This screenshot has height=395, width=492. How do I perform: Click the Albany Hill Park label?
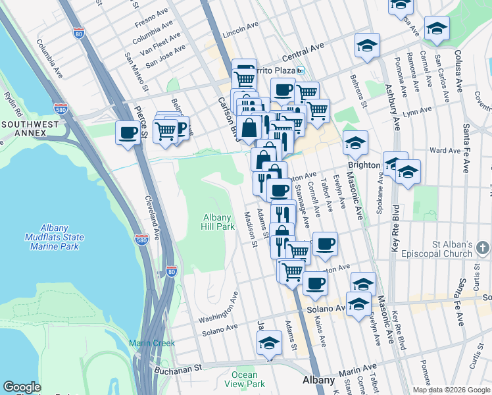click(218, 222)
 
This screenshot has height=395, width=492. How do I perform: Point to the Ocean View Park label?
click(244, 379)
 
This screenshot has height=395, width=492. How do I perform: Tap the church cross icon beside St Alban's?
click(482, 248)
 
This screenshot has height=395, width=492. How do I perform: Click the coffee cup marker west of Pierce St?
click(128, 132)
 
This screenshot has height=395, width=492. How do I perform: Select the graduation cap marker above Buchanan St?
click(268, 343)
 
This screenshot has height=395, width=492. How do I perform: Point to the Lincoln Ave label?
click(241, 31)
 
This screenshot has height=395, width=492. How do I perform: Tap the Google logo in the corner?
click(22, 387)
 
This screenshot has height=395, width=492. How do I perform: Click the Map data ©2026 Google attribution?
click(451, 390)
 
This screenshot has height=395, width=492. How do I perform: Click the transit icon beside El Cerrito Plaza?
click(301, 70)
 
